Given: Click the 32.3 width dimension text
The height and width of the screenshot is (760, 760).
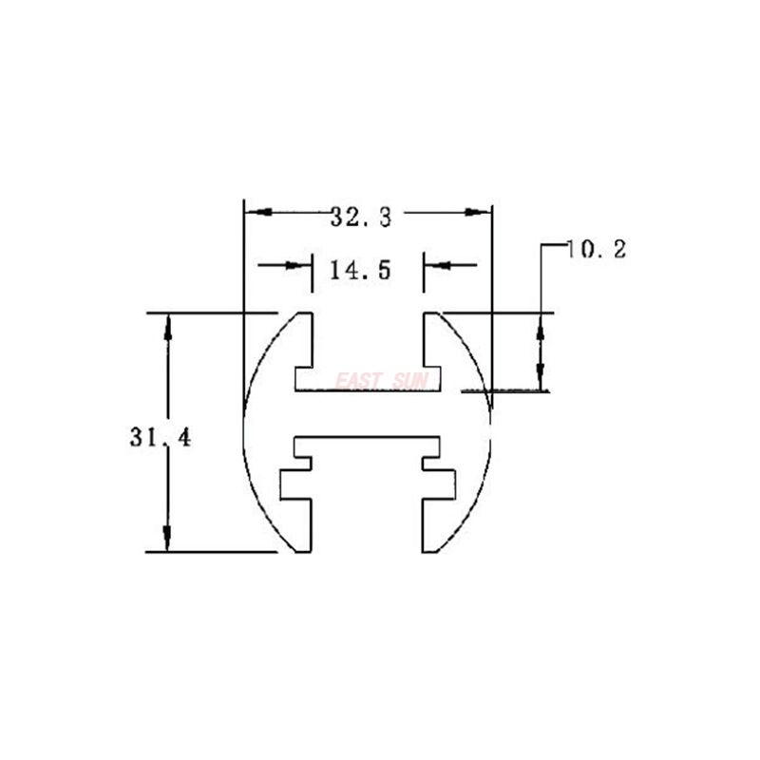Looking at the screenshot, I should [x=361, y=217].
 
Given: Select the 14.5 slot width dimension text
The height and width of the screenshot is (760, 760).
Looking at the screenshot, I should [x=360, y=271].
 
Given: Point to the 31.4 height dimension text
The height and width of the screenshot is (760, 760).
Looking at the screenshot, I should [x=160, y=438].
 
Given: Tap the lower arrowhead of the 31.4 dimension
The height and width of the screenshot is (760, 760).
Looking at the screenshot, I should [x=167, y=538].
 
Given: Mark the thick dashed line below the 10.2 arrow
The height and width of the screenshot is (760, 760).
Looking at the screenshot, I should [x=503, y=389].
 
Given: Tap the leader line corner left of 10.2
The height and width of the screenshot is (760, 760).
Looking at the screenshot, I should [x=541, y=246].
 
